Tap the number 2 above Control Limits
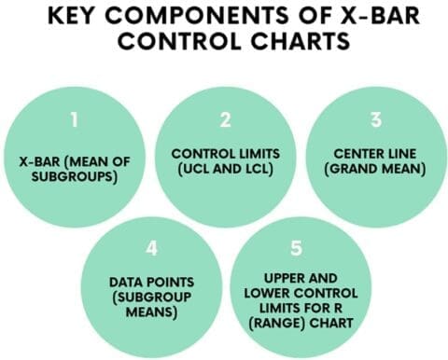[224, 119]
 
